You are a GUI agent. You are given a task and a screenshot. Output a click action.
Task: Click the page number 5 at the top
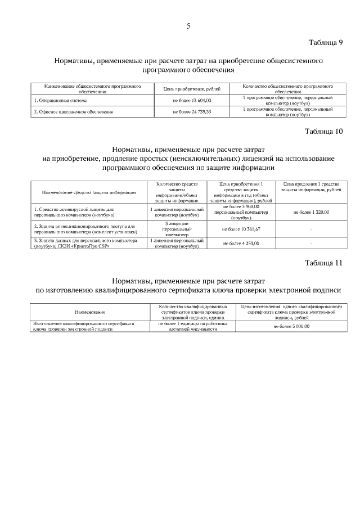(188, 25)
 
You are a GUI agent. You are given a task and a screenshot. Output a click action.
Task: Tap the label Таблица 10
(323, 132)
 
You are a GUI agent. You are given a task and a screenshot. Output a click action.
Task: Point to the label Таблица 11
(323, 263)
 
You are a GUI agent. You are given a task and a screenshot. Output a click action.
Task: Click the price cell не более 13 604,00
(192, 100)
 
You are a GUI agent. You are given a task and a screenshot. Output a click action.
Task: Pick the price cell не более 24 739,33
(192, 112)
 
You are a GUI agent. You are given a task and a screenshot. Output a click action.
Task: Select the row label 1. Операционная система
(60, 100)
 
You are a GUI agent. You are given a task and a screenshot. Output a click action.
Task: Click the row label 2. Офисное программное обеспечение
(73, 112)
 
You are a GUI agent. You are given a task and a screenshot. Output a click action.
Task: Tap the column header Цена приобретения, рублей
(192, 89)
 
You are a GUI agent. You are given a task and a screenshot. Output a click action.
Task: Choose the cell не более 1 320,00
(311, 212)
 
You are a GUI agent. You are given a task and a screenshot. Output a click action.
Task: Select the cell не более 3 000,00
(292, 326)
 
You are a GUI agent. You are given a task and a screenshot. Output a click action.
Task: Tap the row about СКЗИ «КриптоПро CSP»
(84, 243)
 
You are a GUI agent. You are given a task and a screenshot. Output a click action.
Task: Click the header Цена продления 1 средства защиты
(311, 187)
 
